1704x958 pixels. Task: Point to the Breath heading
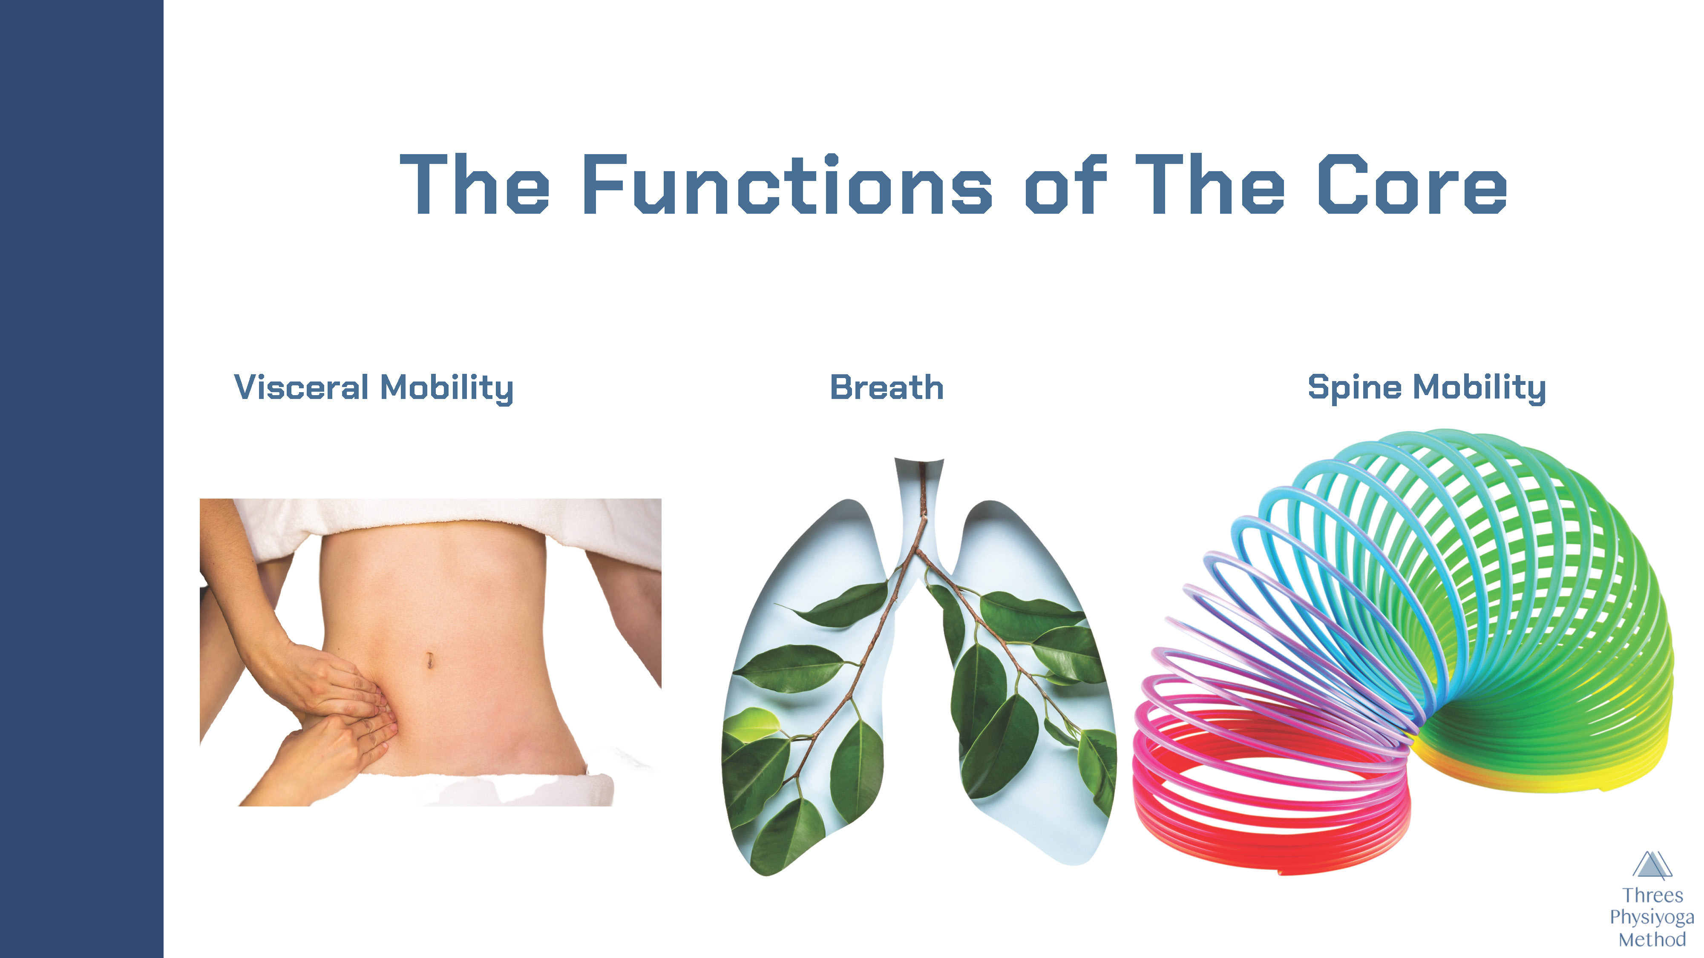[x=887, y=387]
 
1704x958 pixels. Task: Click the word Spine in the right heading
[x=1354, y=387]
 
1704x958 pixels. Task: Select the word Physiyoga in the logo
[x=1652, y=918]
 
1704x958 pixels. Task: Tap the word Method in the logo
[x=1652, y=939]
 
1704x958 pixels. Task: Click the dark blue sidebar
[x=81, y=479]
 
